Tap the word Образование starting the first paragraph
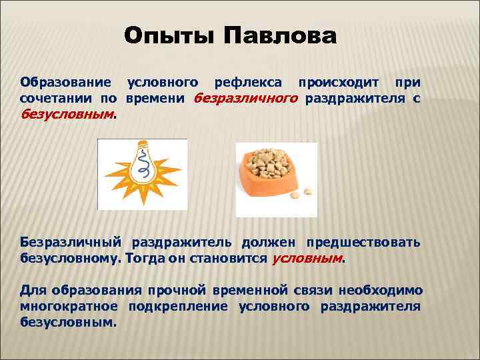pos(65,83)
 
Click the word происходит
pos(340,83)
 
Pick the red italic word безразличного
pos(245,98)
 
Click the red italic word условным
pos(307,257)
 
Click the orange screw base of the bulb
pos(143,147)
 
